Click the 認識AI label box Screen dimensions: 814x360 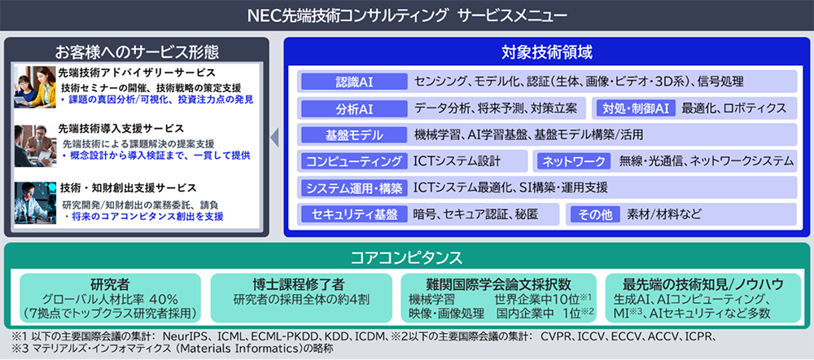[354, 81]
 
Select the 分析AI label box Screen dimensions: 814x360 [354, 108]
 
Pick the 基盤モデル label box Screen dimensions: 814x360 [354, 135]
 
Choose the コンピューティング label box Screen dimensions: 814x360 [354, 161]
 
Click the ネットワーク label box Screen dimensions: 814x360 [574, 161]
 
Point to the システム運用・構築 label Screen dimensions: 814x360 [354, 187]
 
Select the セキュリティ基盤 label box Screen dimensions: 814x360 [354, 213]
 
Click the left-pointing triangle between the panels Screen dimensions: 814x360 [275, 137]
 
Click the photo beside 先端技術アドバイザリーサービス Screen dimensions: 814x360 [35, 87]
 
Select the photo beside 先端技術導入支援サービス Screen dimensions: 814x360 [35, 146]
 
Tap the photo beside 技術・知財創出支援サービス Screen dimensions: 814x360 [35, 204]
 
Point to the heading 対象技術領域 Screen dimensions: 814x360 [547, 53]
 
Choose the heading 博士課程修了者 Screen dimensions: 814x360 [302, 284]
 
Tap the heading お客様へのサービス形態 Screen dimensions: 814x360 [137, 52]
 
